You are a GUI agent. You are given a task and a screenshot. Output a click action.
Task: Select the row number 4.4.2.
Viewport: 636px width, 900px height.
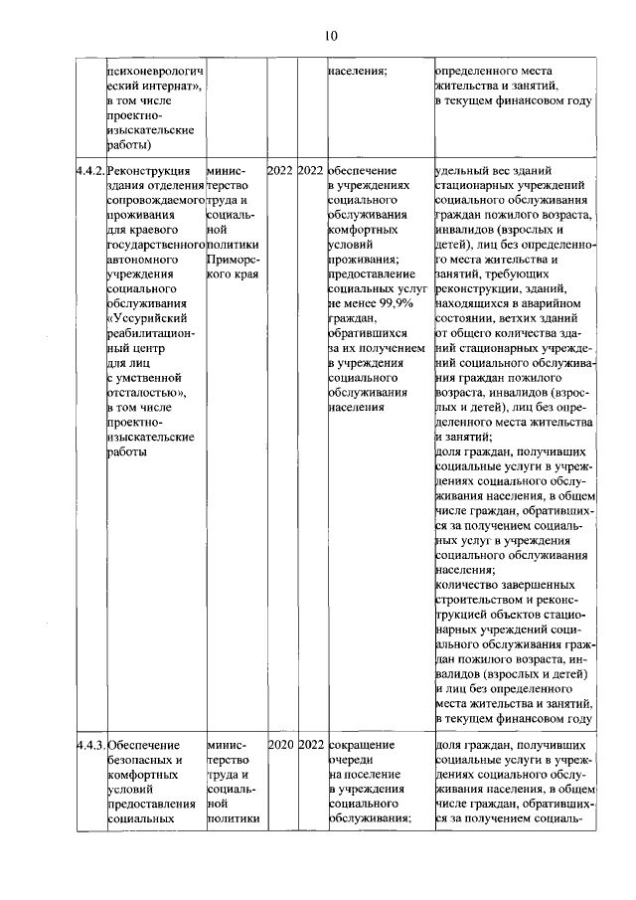pyautogui.click(x=89, y=170)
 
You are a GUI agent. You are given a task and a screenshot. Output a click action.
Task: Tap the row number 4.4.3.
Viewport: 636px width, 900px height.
pyautogui.click(x=89, y=744)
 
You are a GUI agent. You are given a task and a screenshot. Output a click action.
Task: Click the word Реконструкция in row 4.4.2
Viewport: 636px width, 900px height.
pyautogui.click(x=149, y=170)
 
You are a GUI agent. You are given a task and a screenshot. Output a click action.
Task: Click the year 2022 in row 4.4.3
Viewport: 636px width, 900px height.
pyautogui.click(x=311, y=744)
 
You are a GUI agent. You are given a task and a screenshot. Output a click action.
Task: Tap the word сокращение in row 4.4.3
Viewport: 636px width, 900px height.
pyautogui.click(x=362, y=744)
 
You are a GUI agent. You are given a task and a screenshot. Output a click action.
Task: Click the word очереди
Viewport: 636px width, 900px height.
pyautogui.click(x=349, y=759)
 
